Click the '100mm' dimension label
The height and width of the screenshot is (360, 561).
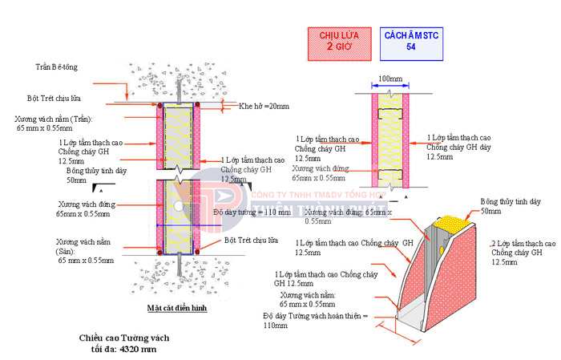tap(389, 79)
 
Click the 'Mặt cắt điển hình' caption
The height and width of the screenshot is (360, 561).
tap(178, 308)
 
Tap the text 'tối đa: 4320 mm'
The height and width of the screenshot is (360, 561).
tap(124, 350)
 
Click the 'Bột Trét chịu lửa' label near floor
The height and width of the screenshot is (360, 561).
tap(252, 240)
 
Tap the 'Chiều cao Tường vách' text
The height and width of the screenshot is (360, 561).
tap(124, 338)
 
